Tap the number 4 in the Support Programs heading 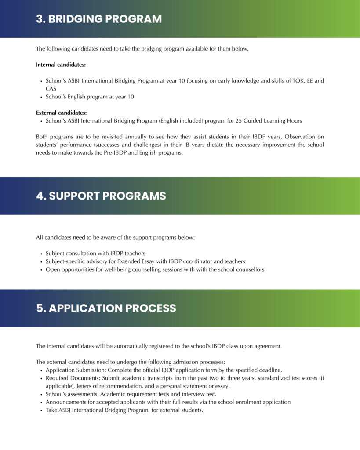[x=41, y=196]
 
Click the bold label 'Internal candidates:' [x=61, y=65]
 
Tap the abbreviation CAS [x=51, y=89]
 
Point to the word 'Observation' [x=287, y=137]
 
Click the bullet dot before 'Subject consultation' [x=41, y=254]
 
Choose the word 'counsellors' [x=250, y=269]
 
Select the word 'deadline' [x=270, y=370]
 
